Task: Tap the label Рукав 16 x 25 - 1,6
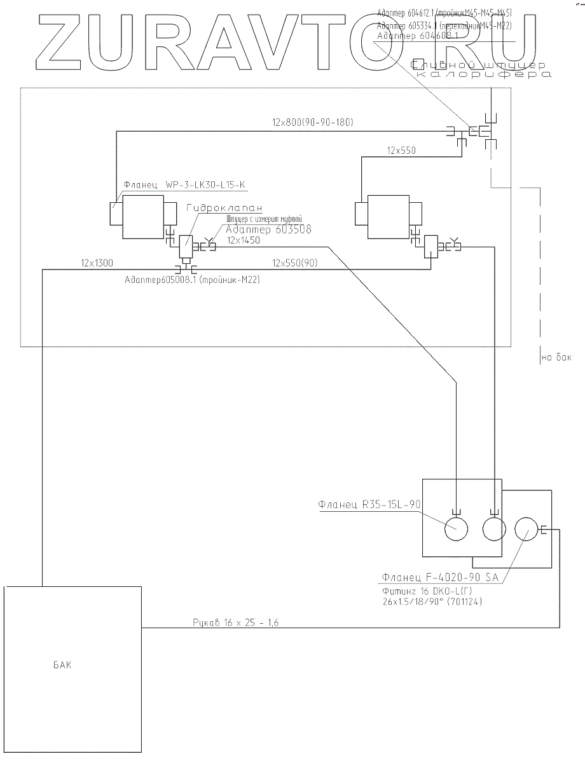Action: (236, 622)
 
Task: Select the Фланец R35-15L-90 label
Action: (369, 505)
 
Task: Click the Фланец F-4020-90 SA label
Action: (439, 577)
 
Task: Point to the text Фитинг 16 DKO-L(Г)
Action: (415, 591)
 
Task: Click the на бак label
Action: (556, 358)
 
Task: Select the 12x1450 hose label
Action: (244, 240)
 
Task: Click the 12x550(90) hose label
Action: (296, 262)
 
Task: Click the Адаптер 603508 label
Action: (268, 230)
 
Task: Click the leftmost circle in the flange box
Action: (455, 529)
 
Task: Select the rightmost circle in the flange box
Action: (525, 529)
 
